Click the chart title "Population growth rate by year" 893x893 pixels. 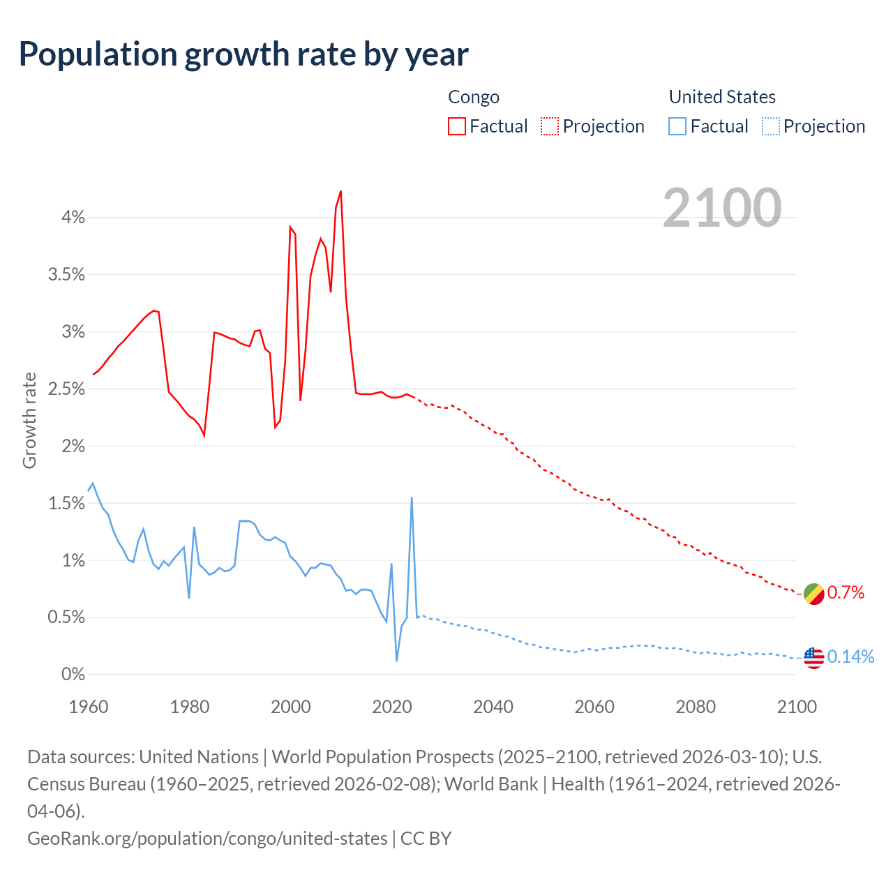243,54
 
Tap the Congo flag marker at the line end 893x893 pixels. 814,594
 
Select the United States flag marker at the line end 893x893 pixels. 814,657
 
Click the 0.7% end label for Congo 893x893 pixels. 846,593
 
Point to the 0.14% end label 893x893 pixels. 850,657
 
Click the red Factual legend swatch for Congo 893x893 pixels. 457,126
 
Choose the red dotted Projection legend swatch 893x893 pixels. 550,126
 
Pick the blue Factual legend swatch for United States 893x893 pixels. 677,126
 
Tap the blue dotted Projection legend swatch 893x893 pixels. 771,126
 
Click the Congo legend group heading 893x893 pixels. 474,97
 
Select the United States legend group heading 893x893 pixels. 722,97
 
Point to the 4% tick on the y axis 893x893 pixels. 73,218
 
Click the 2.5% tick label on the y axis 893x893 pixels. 67,389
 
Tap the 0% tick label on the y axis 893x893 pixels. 73,675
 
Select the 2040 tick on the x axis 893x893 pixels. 493,707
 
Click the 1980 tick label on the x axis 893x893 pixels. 190,707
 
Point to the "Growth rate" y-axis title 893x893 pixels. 29,421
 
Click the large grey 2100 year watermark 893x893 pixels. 721,208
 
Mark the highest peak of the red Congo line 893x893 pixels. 340,191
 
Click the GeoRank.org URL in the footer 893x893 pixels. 207,838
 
